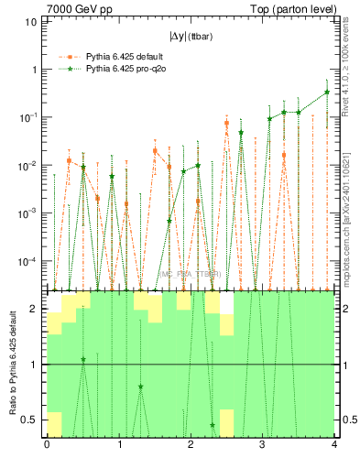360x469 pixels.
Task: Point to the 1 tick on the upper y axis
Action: coord(34,70)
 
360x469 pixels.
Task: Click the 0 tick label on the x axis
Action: coord(47,444)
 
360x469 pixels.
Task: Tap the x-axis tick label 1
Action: coord(118,444)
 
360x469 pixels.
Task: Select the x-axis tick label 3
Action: coord(262,444)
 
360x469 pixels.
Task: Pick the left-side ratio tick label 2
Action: coord(35,309)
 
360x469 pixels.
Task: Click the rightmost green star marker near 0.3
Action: coord(327,92)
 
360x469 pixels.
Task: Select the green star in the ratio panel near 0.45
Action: coord(213,425)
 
